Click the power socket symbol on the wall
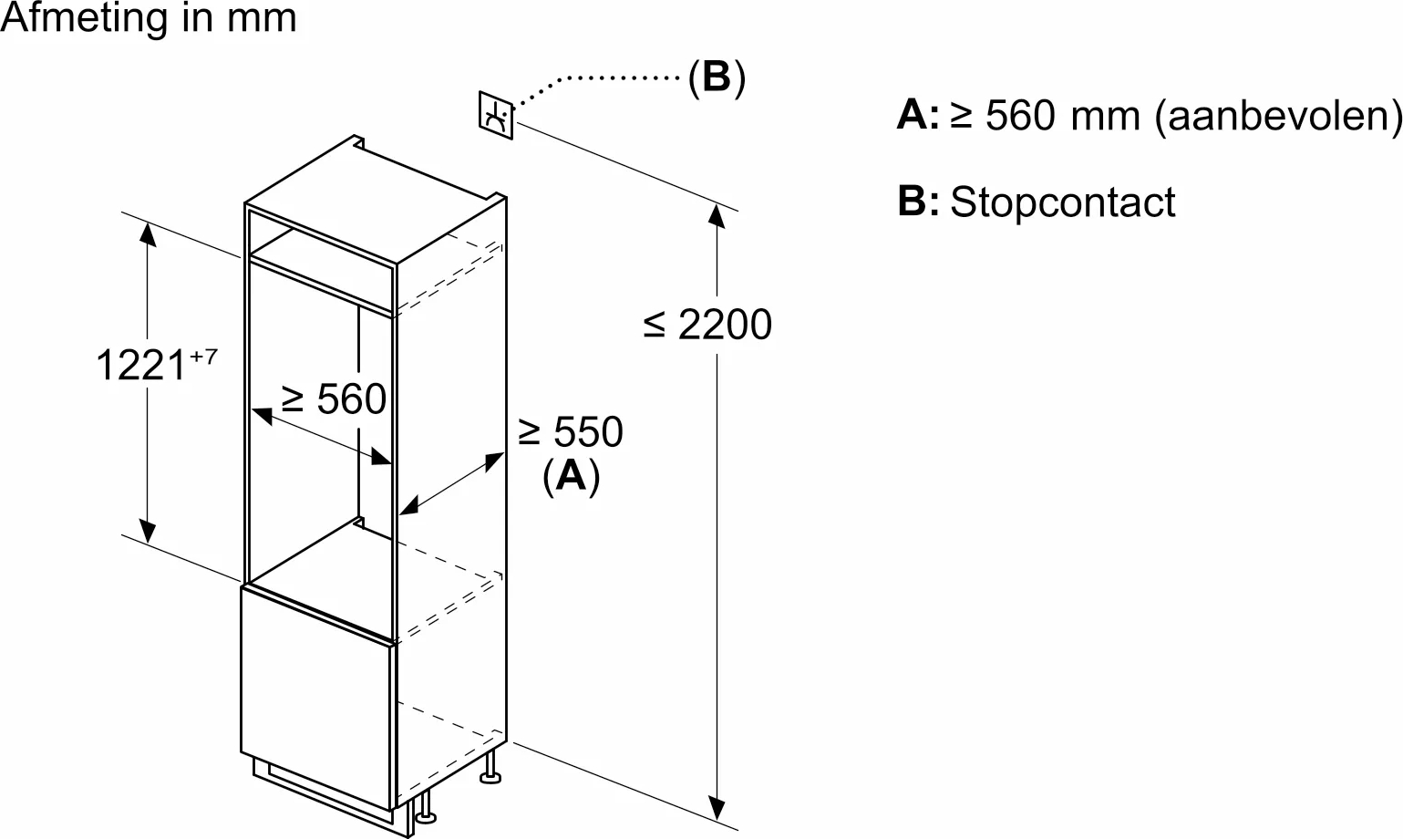[x=496, y=116]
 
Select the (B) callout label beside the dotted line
[x=717, y=78]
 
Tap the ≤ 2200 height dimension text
[x=707, y=325]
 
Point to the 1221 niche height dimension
[x=141, y=366]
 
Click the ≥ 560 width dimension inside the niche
[x=335, y=399]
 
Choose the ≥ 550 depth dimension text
[x=571, y=432]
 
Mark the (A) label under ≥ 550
[x=571, y=475]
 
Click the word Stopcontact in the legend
[x=1062, y=202]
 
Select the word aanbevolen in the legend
[x=1277, y=116]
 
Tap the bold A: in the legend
[x=917, y=116]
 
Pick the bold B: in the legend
[x=917, y=202]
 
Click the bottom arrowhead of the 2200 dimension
[x=718, y=806]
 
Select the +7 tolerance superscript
[x=203, y=356]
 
